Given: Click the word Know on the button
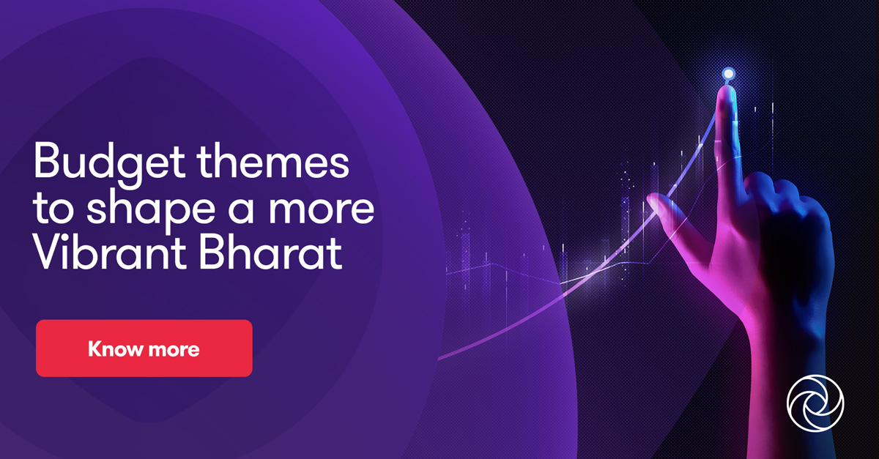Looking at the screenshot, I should (x=114, y=348).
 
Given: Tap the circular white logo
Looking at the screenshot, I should (x=815, y=404).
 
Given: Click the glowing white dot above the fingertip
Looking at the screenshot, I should (x=727, y=73).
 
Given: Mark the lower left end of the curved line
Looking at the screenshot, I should (x=439, y=358).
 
